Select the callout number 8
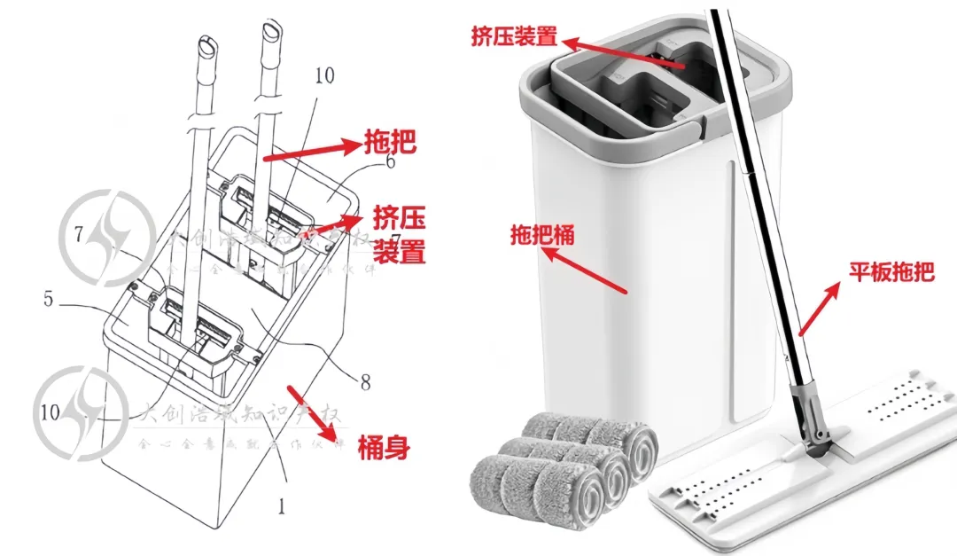(x=364, y=383)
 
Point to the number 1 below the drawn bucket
(x=282, y=507)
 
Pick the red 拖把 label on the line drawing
(x=390, y=141)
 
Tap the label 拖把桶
(x=542, y=235)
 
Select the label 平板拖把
(x=891, y=271)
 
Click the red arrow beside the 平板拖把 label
(x=819, y=309)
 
